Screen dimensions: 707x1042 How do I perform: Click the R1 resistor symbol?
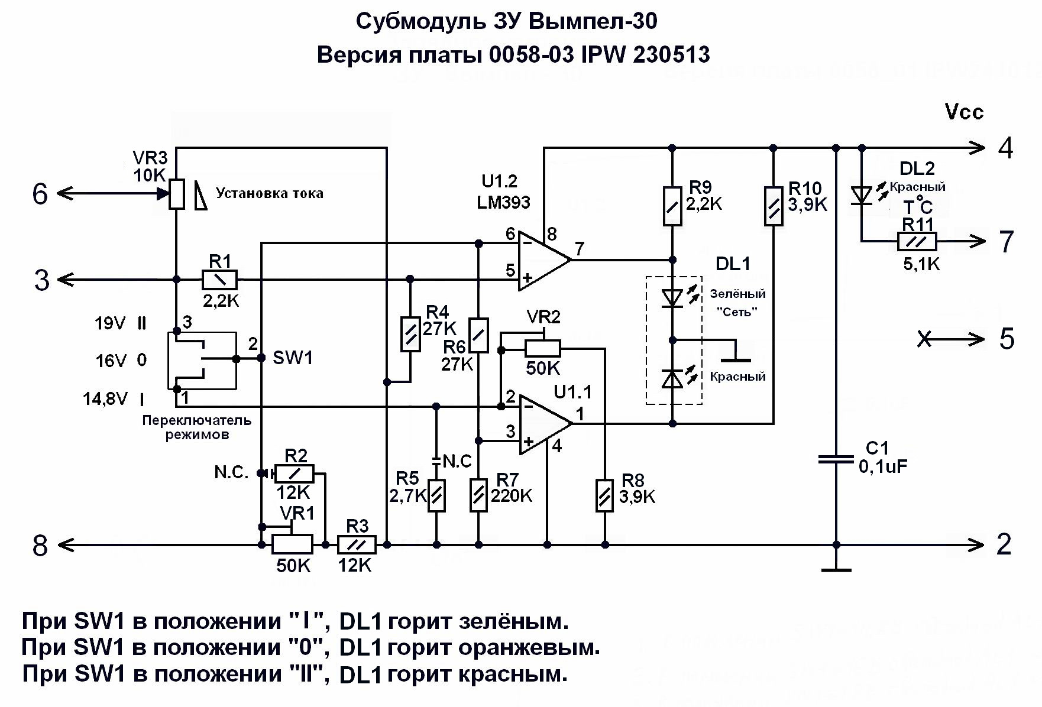[219, 279]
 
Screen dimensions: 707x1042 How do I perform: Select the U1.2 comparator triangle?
[543, 261]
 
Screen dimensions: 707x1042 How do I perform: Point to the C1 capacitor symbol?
[836, 459]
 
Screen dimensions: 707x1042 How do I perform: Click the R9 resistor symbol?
[672, 206]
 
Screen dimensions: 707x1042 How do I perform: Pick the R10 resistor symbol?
[774, 206]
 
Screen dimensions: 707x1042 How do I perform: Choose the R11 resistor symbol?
[917, 242]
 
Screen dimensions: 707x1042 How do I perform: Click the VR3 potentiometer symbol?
[176, 194]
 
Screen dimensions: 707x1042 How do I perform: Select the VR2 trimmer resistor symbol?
[542, 349]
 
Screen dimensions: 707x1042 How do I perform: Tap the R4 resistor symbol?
[410, 335]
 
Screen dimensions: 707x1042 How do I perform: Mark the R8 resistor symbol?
[604, 495]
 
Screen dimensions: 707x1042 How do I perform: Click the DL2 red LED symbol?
[862, 196]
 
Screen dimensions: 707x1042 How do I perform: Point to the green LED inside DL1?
[672, 298]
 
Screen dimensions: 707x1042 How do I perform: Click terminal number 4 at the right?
[1005, 148]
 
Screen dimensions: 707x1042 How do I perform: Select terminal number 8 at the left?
[40, 546]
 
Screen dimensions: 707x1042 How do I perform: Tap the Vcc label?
[964, 112]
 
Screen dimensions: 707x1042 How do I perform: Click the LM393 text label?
[504, 203]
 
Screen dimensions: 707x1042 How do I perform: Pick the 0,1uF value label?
[882, 467]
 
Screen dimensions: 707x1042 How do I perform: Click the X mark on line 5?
[925, 339]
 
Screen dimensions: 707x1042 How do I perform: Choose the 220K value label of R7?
[512, 495]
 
